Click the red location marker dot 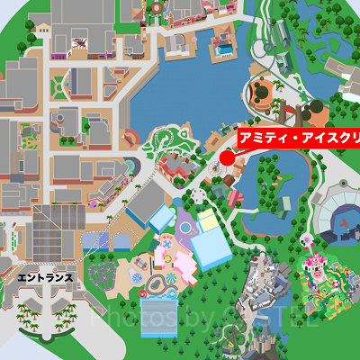pyautogui.click(x=227, y=158)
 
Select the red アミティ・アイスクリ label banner pyautogui.click(x=297, y=138)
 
